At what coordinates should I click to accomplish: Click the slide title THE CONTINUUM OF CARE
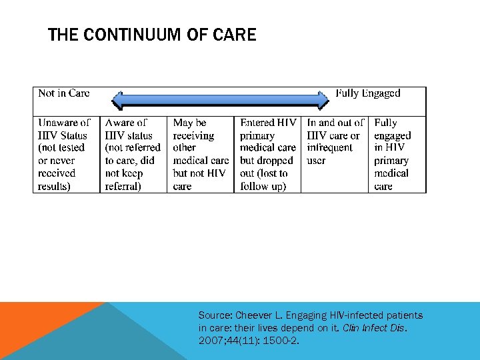pyautogui.click(x=152, y=35)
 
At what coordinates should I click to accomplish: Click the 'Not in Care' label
pyautogui.click(x=64, y=93)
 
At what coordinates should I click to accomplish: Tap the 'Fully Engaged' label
pyautogui.click(x=368, y=93)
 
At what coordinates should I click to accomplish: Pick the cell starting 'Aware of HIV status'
pyautogui.click(x=132, y=154)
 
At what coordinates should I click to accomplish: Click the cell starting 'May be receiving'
pyautogui.click(x=200, y=154)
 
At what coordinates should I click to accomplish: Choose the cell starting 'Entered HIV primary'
pyautogui.click(x=267, y=154)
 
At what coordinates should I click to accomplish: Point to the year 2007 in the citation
pyautogui.click(x=210, y=341)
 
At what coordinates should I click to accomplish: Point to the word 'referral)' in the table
pyautogui.click(x=123, y=186)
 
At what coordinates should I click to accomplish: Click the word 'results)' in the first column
pyautogui.click(x=54, y=186)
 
